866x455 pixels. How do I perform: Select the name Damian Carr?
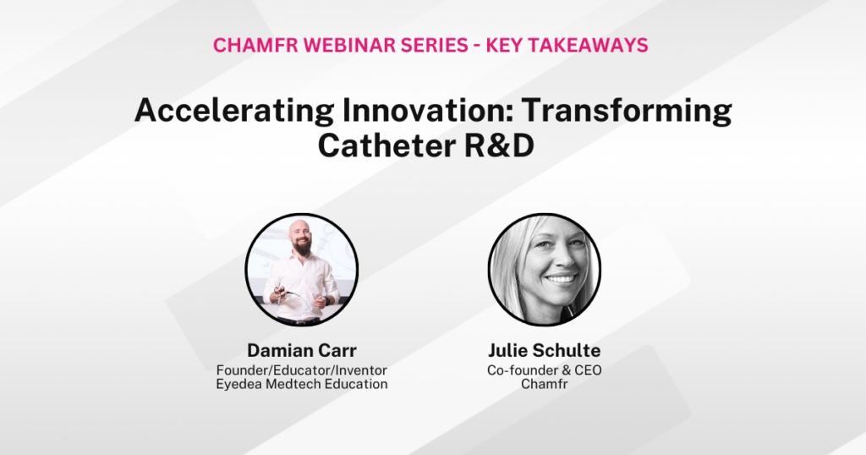(x=301, y=349)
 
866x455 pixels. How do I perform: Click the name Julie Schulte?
(x=544, y=349)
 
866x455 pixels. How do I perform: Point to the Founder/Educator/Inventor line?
(x=301, y=370)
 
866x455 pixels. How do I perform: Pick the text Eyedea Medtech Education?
(x=301, y=384)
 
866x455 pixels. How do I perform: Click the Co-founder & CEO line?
(x=544, y=370)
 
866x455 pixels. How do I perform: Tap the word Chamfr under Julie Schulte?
(x=544, y=384)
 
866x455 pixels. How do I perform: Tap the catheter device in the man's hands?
(x=284, y=297)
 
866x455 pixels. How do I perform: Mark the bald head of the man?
(x=299, y=226)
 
